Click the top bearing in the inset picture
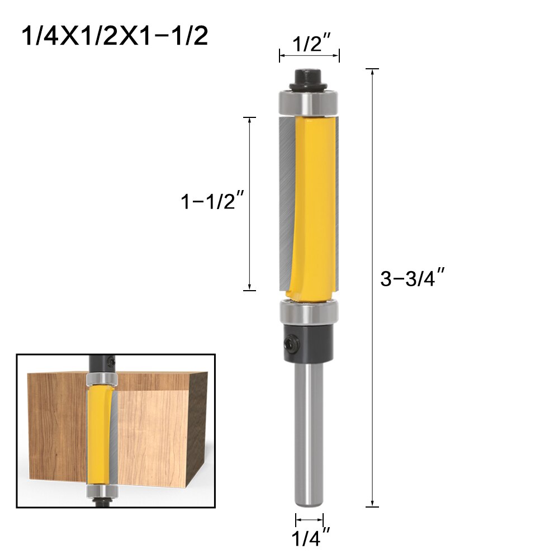pos(101,380)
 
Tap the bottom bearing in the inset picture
pos(101,492)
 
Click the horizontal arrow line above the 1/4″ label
pos(309,518)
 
